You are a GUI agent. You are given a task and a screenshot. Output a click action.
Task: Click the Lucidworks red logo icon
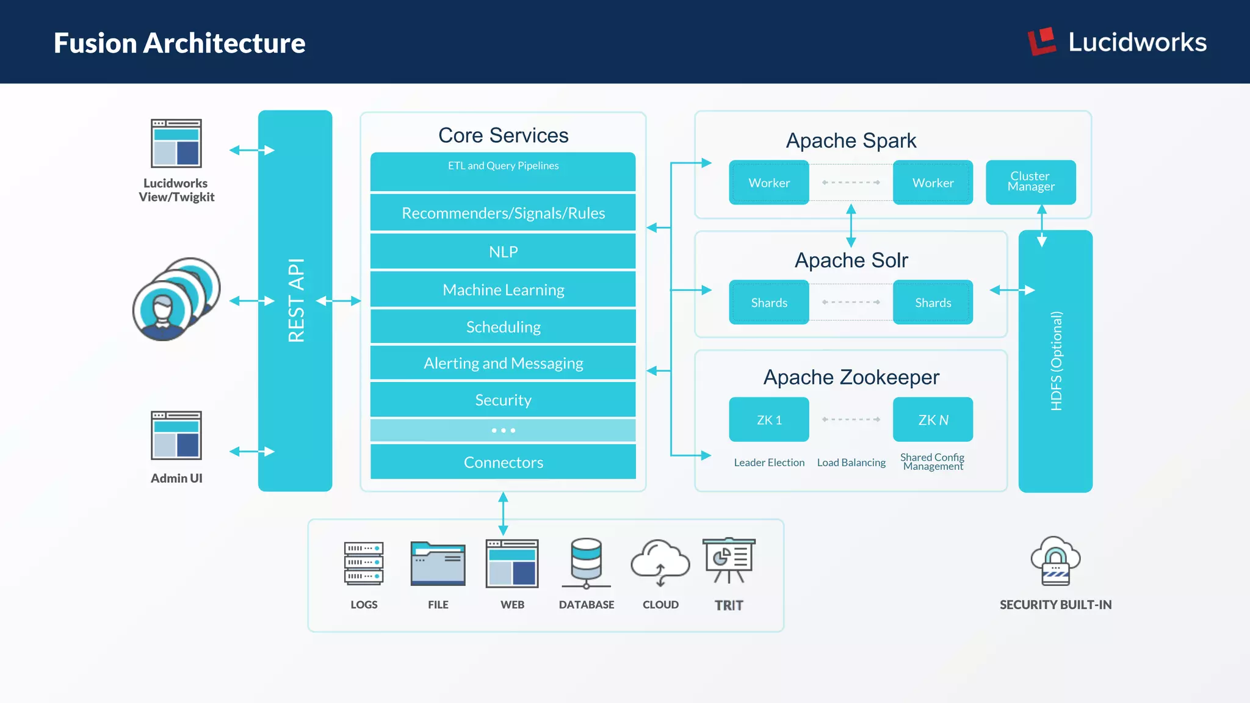(x=1041, y=41)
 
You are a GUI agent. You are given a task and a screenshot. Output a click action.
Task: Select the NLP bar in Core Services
(x=503, y=251)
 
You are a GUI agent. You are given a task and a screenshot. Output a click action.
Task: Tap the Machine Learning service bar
(x=503, y=289)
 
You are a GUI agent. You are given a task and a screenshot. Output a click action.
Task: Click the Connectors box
(x=503, y=462)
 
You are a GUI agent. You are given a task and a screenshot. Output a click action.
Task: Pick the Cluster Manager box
(x=1030, y=182)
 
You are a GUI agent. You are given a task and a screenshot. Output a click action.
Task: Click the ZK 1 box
(x=768, y=420)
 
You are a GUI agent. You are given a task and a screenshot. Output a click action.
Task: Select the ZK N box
(x=933, y=420)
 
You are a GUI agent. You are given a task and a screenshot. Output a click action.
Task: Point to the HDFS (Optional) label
(x=1056, y=361)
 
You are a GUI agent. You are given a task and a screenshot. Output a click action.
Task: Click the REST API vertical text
(x=296, y=300)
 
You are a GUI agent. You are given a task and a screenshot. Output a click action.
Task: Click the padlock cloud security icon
(x=1055, y=561)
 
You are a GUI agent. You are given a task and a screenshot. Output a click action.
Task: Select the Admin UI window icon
(x=176, y=435)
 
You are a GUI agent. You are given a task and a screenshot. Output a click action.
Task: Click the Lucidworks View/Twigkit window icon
(x=176, y=143)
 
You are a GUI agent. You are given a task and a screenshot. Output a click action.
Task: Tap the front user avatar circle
(x=162, y=311)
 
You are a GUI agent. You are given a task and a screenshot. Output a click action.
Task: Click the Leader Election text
(x=769, y=463)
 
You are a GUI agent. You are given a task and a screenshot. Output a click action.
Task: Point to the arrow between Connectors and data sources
(x=503, y=513)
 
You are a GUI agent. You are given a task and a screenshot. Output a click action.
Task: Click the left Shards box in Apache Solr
(x=768, y=302)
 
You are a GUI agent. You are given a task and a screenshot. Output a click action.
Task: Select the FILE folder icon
(x=438, y=563)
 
